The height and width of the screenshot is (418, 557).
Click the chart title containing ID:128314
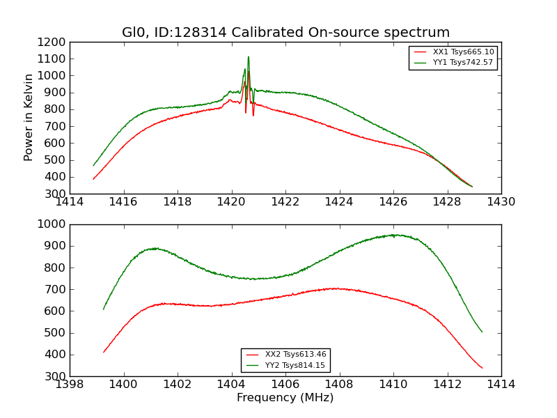(285, 33)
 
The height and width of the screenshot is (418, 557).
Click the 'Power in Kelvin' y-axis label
(29, 117)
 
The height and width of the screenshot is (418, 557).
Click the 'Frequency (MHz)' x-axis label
(285, 398)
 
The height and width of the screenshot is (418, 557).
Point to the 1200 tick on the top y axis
(52, 42)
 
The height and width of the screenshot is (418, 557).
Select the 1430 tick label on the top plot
(501, 202)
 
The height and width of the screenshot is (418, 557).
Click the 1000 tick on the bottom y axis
(52, 224)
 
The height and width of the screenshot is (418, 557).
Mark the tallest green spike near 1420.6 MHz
(249, 57)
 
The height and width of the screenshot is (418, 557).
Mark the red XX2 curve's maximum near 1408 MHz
(336, 288)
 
